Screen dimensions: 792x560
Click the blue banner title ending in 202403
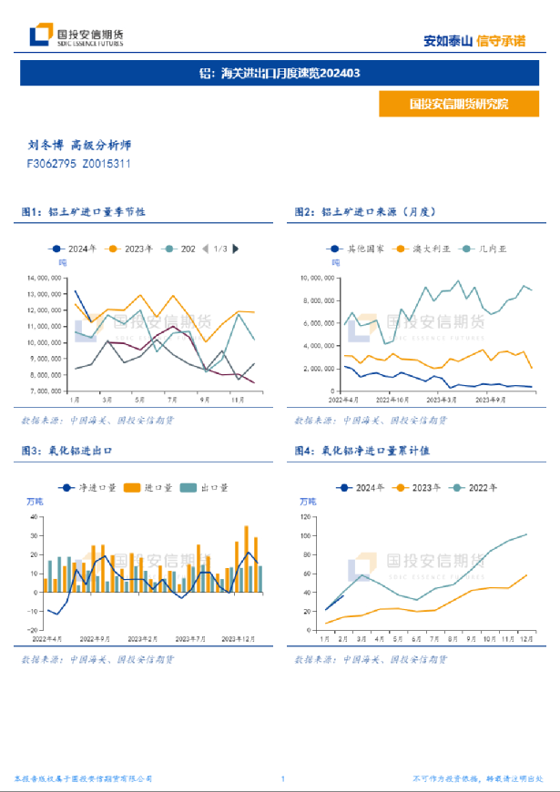pos(280,73)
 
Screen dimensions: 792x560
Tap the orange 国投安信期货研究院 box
pos(459,104)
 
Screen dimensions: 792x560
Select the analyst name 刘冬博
pos(45,146)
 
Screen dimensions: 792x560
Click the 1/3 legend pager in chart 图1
pos(220,249)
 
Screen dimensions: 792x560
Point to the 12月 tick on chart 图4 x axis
pos(525,639)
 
